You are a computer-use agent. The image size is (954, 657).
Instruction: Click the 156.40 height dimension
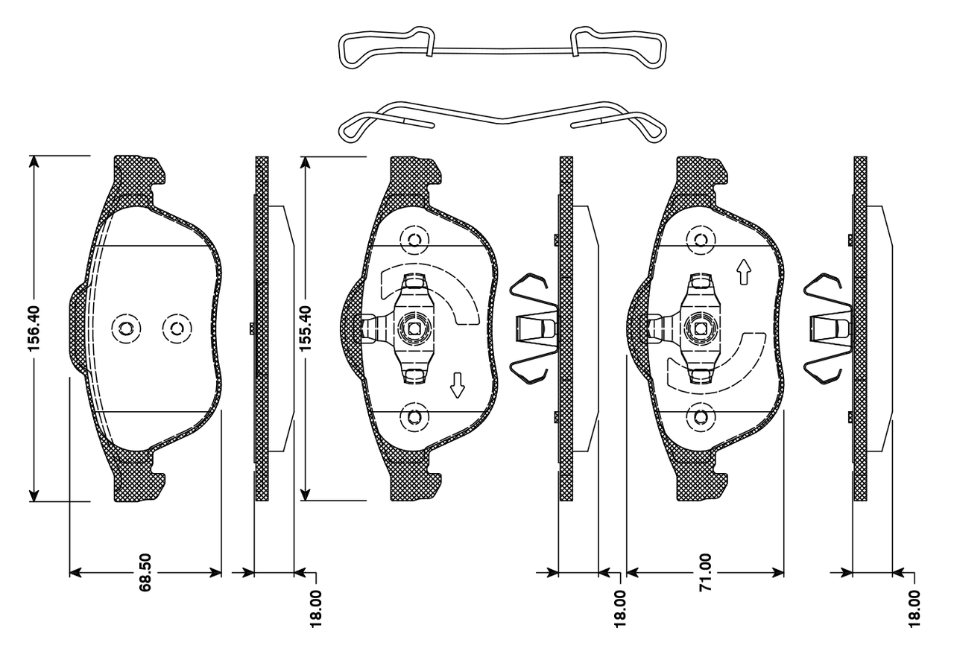point(34,328)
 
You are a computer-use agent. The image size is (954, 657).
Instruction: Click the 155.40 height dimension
point(306,328)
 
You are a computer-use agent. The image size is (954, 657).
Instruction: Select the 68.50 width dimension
point(145,572)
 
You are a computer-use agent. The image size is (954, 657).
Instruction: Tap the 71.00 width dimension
point(705,572)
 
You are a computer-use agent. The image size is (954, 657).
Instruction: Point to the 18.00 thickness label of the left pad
point(315,609)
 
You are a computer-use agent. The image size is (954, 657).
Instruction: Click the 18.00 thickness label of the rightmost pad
point(914,609)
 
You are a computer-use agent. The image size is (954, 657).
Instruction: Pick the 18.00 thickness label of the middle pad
point(619,609)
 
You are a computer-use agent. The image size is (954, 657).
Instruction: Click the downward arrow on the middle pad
point(458,386)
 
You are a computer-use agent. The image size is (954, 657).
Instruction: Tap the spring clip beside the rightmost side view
point(828,328)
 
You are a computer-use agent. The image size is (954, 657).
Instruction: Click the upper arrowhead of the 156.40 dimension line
point(34,162)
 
